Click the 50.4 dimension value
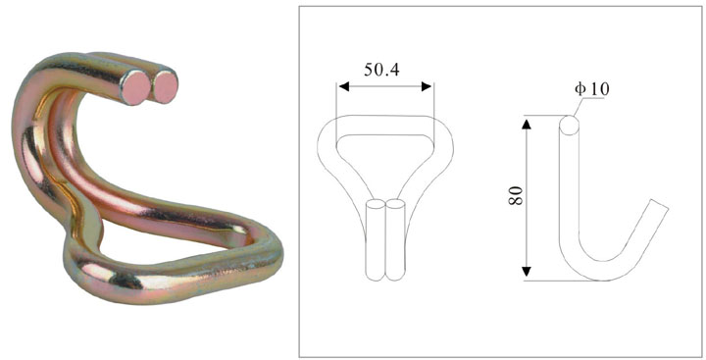384,70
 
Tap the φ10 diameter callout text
592,89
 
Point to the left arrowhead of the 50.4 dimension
341,86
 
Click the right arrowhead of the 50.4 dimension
429,86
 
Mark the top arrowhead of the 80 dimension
528,124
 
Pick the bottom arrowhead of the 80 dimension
528,274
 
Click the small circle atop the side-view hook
569,127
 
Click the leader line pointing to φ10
580,107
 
